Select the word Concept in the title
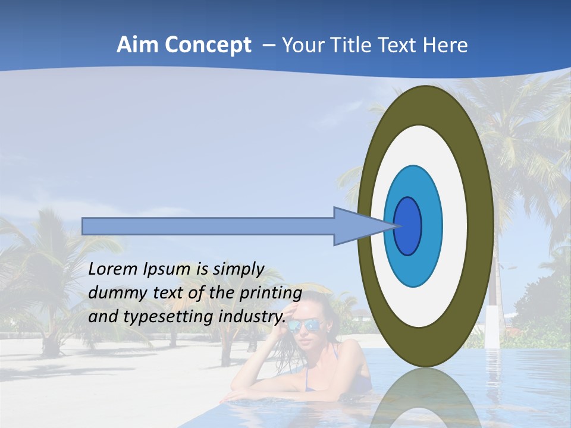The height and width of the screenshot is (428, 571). point(208,45)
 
